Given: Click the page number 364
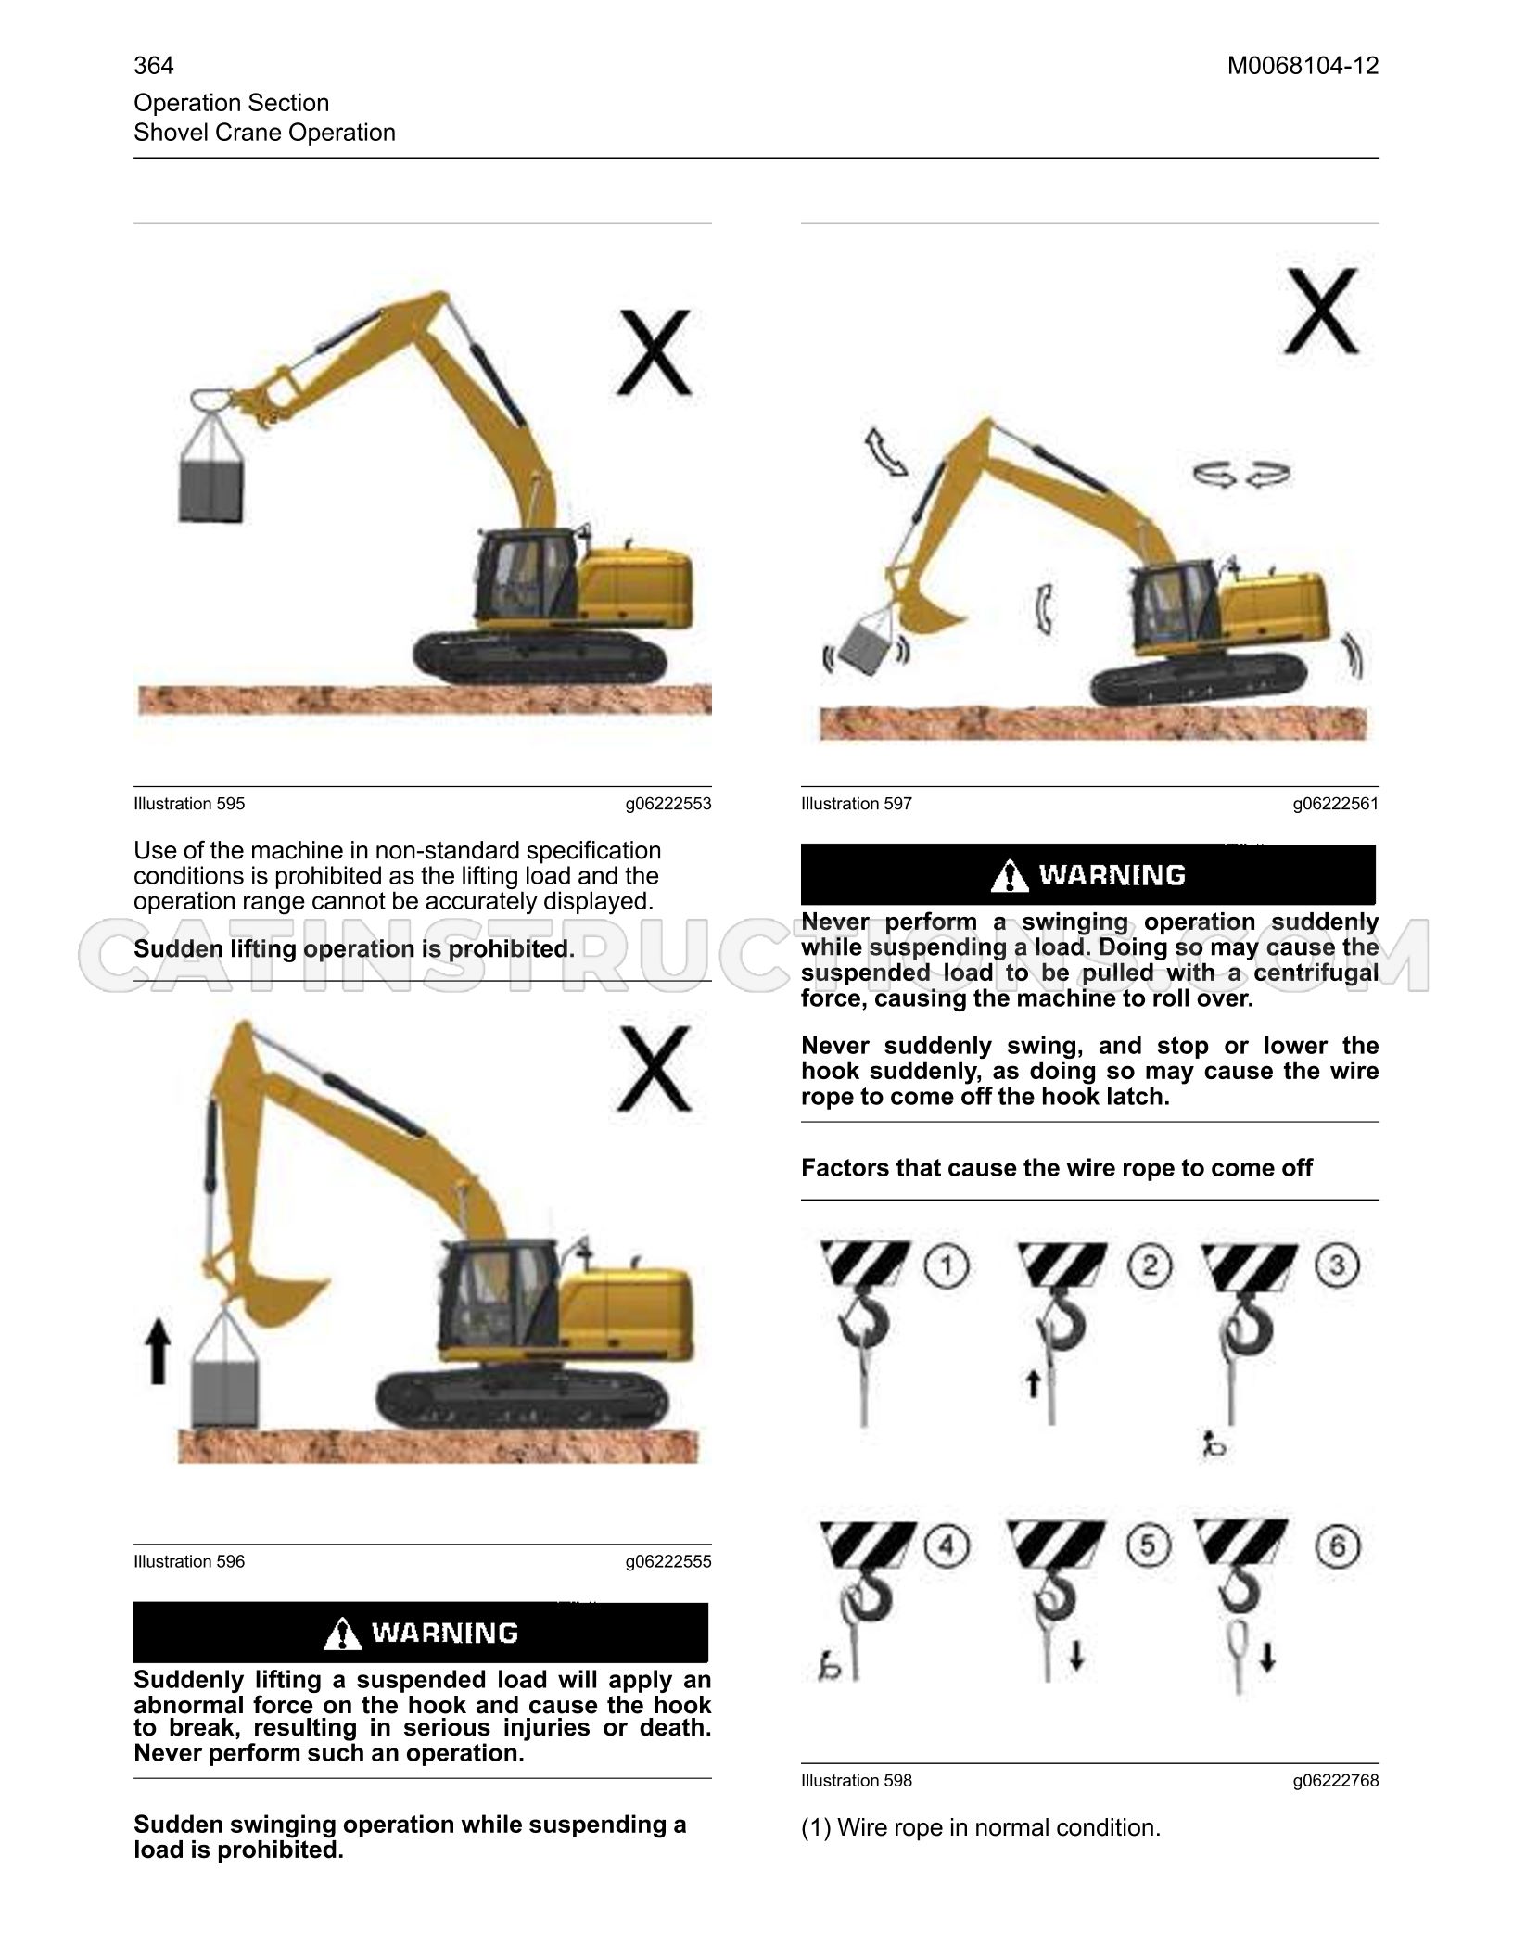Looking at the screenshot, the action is pos(153,66).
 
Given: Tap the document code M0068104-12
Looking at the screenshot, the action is pos(1303,66).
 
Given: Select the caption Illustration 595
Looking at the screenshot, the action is pos(189,804).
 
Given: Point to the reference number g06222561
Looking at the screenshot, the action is pos(1336,804).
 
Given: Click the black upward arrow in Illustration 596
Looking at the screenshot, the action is pos(159,1353).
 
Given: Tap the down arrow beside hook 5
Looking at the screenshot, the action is pos(1076,1655).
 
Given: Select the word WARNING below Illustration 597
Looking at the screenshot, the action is pos(1112,874).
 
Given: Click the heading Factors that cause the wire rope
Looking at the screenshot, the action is pos(1057,1167).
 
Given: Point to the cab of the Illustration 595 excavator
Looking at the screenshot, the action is pos(525,577).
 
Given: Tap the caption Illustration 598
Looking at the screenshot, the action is pos(857,1780).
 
